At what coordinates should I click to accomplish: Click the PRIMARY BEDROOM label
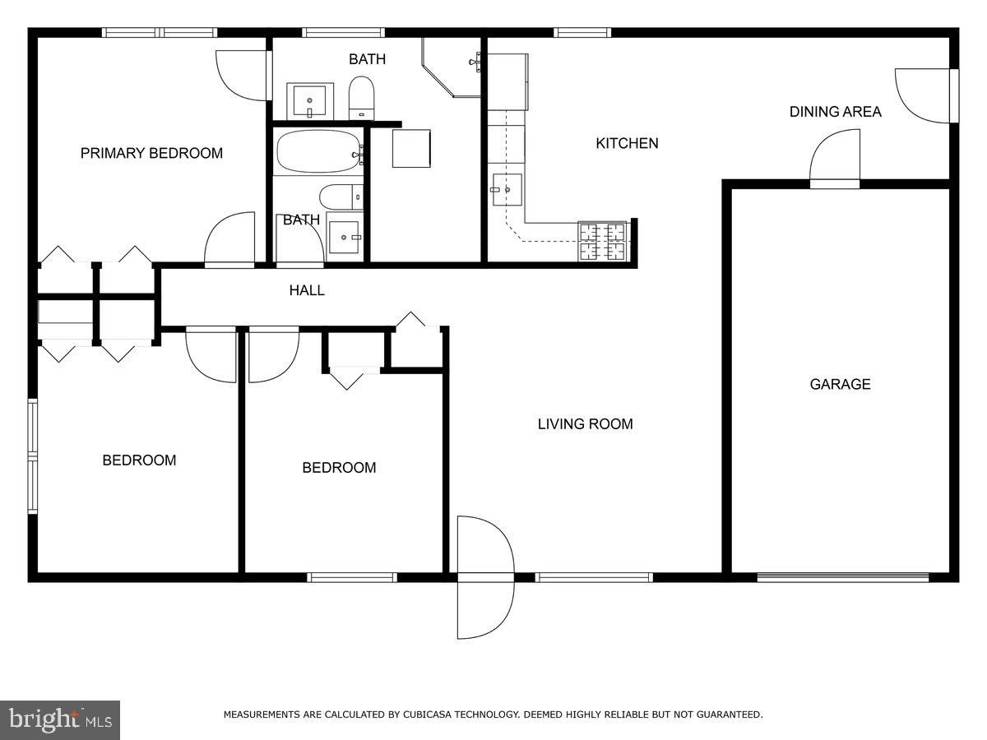pyautogui.click(x=151, y=153)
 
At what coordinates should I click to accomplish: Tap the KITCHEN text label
pyautogui.click(x=627, y=143)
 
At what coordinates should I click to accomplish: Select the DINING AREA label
pyautogui.click(x=835, y=112)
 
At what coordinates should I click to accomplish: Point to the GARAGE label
pyautogui.click(x=840, y=384)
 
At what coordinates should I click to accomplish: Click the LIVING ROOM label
pyautogui.click(x=585, y=424)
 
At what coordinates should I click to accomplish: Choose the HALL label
pyautogui.click(x=306, y=290)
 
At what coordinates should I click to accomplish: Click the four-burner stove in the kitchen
pyautogui.click(x=602, y=241)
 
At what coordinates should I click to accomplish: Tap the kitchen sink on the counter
pyautogui.click(x=507, y=189)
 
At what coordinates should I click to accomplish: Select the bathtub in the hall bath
pyautogui.click(x=317, y=152)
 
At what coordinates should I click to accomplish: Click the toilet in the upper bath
pyautogui.click(x=361, y=98)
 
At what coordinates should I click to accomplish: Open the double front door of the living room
pyautogui.click(x=485, y=577)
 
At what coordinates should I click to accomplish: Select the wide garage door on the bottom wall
pyautogui.click(x=843, y=577)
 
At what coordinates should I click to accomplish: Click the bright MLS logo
pyautogui.click(x=60, y=720)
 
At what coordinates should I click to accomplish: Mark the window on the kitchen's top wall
pyautogui.click(x=582, y=33)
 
